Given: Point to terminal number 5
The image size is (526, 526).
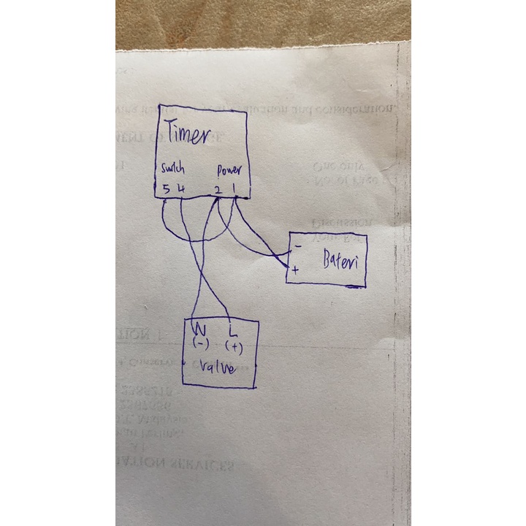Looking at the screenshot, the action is tap(167, 189).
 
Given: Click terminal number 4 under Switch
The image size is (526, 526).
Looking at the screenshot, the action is tap(180, 189).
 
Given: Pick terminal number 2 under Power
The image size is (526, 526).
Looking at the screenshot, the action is tap(218, 190).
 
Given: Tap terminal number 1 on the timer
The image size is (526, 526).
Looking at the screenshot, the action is tap(234, 189).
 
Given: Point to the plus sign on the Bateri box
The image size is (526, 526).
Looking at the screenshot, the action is tap(295, 270).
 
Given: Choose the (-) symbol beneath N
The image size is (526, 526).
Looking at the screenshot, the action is tap(200, 342).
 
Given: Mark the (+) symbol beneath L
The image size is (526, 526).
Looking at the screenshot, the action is tap(234, 345).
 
